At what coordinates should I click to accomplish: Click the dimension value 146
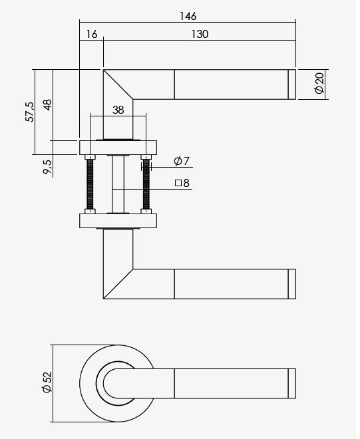pos(188,16)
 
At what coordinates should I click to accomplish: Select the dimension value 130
pos(198,35)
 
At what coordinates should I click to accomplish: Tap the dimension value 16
pos(91,35)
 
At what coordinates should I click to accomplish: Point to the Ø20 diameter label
pos(319,83)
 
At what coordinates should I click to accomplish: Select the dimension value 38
pos(118,110)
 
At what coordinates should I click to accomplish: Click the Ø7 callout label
pos(182,161)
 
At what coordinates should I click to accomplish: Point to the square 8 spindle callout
pos(182,184)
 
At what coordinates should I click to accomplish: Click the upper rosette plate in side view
pos(118,147)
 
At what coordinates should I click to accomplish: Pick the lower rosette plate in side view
pos(118,220)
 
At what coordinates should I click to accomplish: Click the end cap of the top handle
pos(291,83)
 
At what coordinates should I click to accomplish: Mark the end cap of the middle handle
pos(291,284)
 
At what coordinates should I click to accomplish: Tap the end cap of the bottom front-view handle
pos(291,384)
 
